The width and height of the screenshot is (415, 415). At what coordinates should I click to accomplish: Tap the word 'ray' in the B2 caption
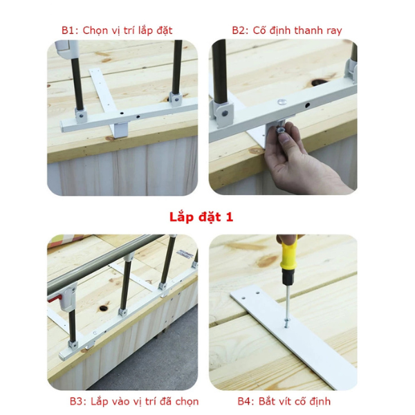[x=334, y=31]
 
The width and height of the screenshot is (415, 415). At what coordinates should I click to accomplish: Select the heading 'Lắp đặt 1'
[x=201, y=217]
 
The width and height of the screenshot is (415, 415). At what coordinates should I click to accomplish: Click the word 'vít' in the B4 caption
[x=287, y=401]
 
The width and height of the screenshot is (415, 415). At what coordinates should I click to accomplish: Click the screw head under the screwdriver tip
[x=286, y=324]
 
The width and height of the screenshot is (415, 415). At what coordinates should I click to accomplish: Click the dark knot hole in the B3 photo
[x=104, y=308]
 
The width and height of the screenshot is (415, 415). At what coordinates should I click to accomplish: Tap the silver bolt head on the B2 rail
[x=282, y=102]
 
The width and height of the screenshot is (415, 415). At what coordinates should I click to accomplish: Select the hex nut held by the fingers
[x=280, y=129]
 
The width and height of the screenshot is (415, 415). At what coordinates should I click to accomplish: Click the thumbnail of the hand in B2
[x=284, y=138]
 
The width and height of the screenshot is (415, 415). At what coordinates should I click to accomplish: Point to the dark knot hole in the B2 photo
[x=318, y=82]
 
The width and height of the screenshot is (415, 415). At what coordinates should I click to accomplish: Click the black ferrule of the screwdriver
[x=288, y=278]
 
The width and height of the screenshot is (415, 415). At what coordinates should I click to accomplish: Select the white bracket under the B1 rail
[x=120, y=130]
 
